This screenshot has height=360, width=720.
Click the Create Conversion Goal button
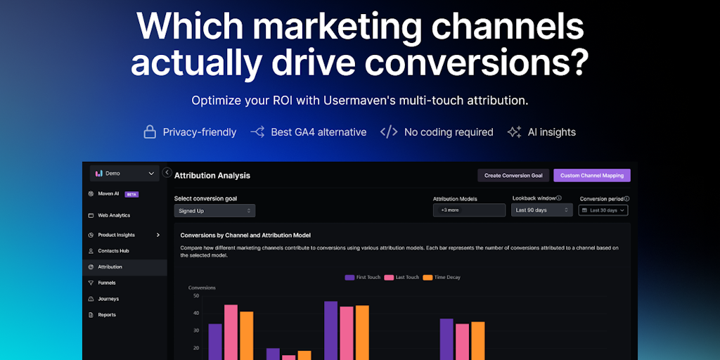coord(513,175)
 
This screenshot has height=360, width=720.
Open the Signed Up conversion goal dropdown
coord(214,210)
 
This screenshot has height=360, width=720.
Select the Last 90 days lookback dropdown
coord(541,210)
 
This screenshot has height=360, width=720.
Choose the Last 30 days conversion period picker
coord(603,210)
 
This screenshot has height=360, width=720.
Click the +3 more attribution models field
coord(469,210)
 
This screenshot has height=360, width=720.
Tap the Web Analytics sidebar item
coord(113,215)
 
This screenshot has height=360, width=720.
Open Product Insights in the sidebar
coord(117,235)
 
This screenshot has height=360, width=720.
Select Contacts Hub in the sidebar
coord(113,251)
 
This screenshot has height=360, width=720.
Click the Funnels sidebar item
coord(107,283)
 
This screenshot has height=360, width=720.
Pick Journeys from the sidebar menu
coord(108,299)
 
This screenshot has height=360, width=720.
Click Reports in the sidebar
coord(107,315)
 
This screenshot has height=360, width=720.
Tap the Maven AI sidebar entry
coord(108,194)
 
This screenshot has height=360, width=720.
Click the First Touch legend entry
coord(363,278)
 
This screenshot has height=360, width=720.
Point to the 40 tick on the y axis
coord(195,313)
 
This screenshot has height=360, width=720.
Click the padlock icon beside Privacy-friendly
coord(150,132)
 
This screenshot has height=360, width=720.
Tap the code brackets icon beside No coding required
coord(389,132)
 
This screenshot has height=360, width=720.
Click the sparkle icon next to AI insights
coord(514,132)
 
